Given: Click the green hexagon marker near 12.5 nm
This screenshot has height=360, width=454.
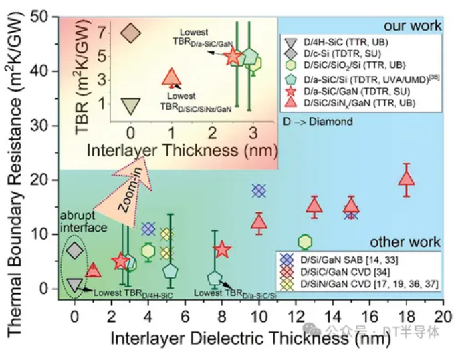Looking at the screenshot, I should tap(305, 242).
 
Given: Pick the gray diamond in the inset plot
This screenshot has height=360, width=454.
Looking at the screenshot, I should tap(131, 32).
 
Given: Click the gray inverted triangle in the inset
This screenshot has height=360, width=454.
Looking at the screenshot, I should tap(131, 105).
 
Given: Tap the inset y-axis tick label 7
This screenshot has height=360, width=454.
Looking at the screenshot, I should tap(102, 31).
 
